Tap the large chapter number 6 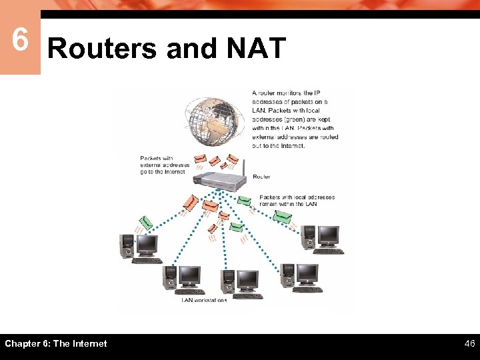[20, 40]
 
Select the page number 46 [469, 343]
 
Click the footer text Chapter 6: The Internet [56, 343]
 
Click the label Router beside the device [261, 177]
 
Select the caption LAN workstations [204, 300]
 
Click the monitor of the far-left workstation [147, 245]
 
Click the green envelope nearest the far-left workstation [146, 222]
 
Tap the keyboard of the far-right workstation [329, 251]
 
